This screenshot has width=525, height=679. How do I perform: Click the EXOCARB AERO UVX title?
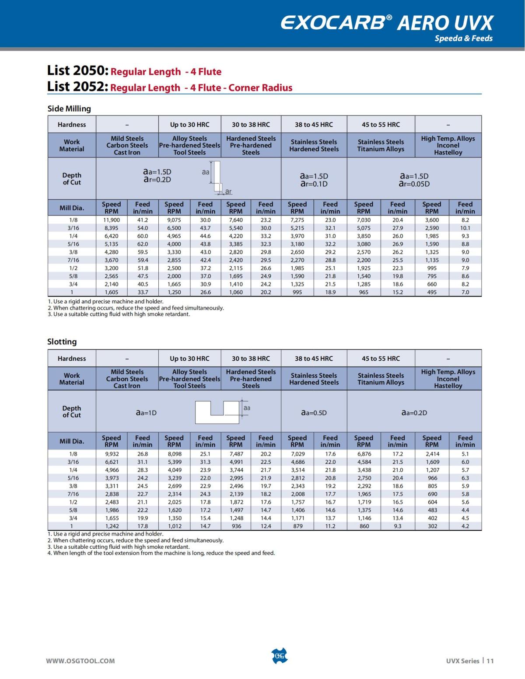(x=387, y=23)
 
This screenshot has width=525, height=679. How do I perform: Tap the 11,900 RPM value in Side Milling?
(x=112, y=220)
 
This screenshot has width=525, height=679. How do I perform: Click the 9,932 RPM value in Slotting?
(x=112, y=454)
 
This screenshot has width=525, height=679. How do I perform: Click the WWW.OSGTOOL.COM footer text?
(x=80, y=661)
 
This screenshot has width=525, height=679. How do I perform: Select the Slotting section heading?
(x=62, y=341)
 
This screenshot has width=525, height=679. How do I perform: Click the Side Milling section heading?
(x=69, y=108)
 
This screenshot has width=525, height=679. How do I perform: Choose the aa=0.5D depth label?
(x=314, y=412)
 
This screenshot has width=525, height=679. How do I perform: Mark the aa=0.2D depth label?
(x=414, y=412)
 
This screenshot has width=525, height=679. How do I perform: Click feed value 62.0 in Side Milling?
(x=143, y=244)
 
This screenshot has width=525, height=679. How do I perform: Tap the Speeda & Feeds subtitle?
(x=463, y=38)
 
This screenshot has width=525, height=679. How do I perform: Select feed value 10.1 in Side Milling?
(x=465, y=228)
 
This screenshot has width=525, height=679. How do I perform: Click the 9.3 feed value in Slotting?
(x=397, y=526)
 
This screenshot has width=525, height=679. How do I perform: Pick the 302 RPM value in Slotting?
(x=432, y=526)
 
